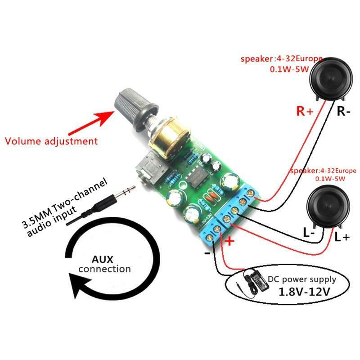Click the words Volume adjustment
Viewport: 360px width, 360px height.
(51, 141)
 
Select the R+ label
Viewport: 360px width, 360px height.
(304, 112)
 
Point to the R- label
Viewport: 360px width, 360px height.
(343, 112)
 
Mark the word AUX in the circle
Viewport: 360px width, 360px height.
(105, 260)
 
